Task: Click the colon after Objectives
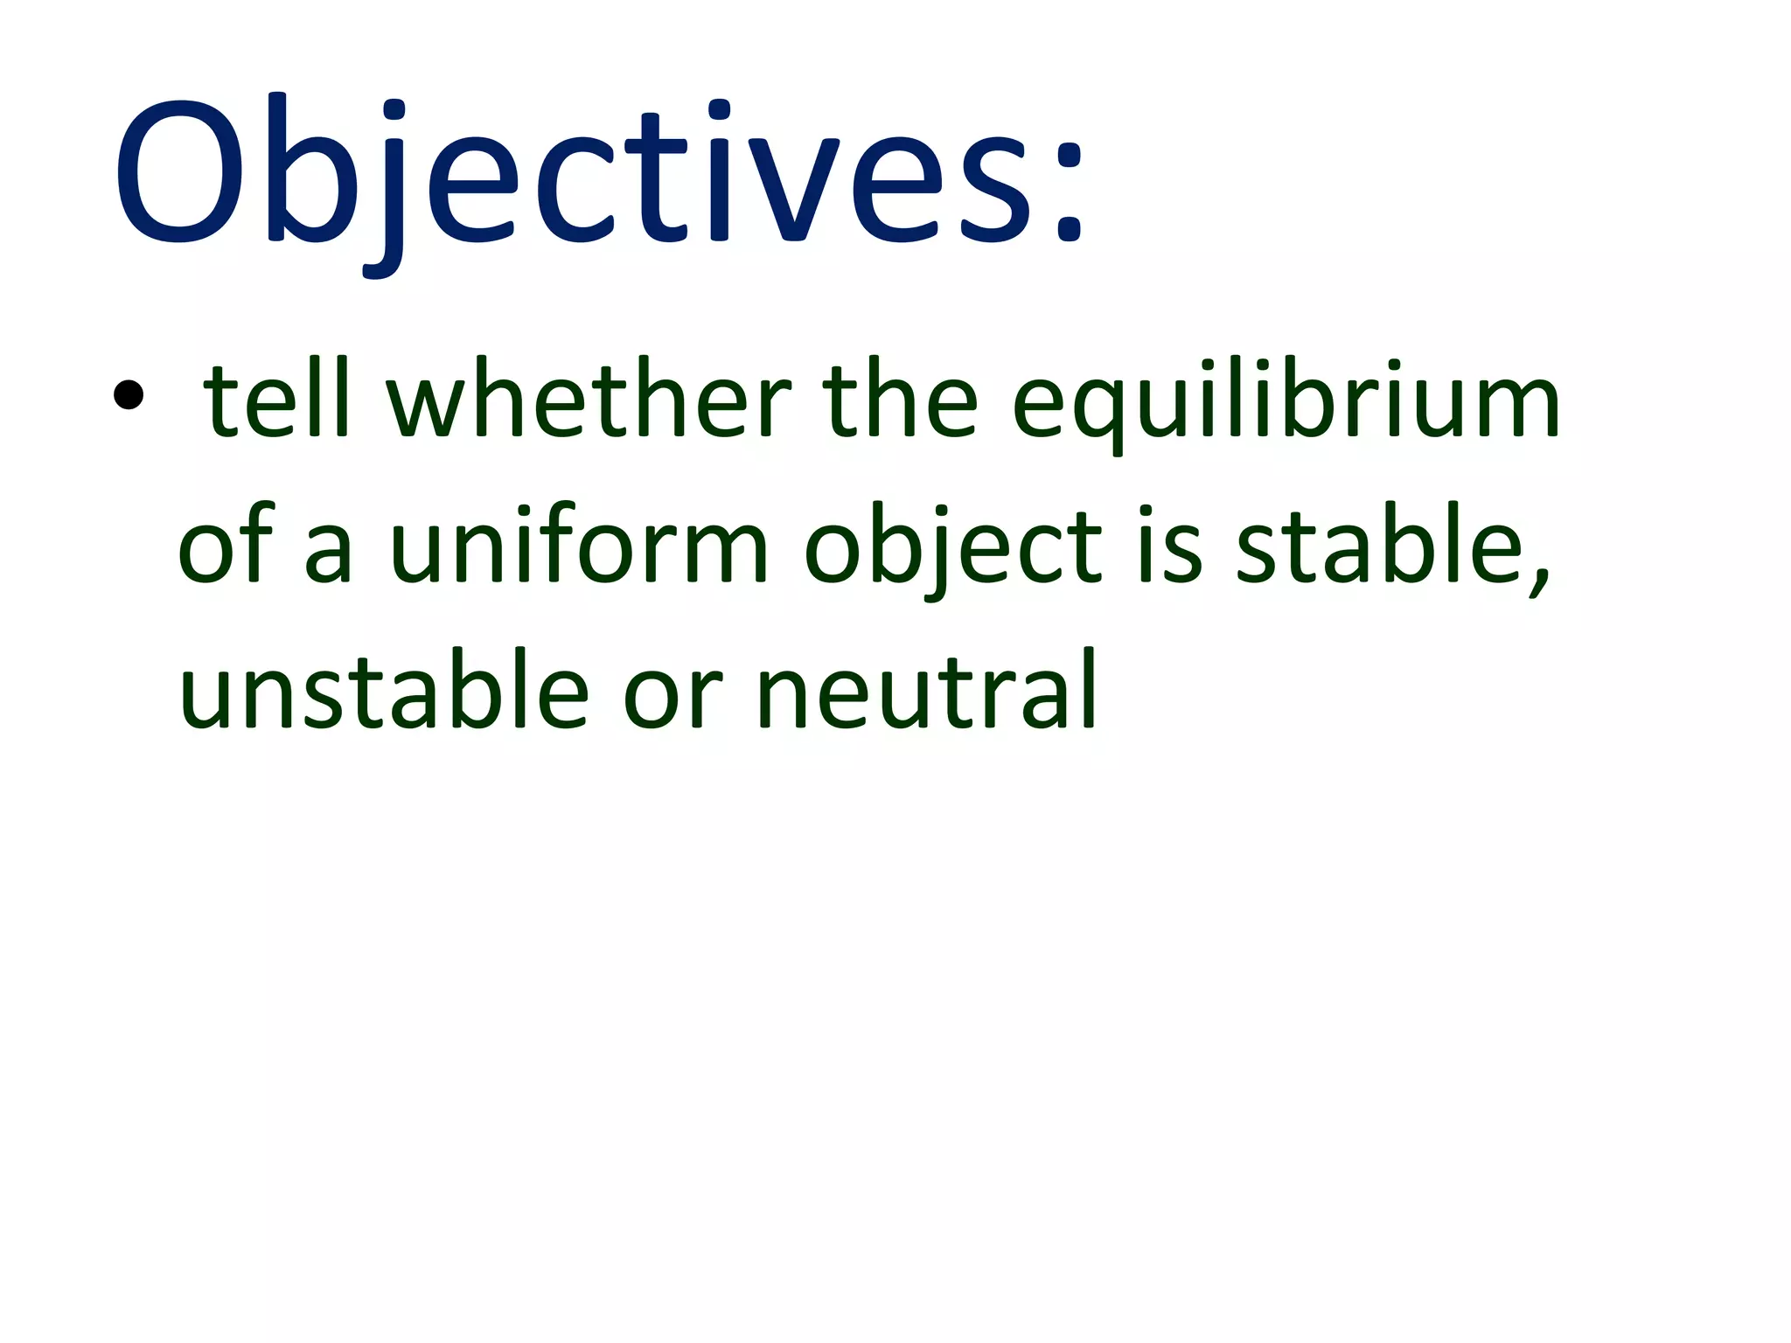[1069, 188]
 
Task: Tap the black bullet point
[128, 395]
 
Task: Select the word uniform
[578, 546]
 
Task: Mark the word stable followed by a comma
[1390, 546]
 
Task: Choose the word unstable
[384, 691]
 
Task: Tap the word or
[672, 699]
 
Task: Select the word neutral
[925, 691]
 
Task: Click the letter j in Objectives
[385, 188]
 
